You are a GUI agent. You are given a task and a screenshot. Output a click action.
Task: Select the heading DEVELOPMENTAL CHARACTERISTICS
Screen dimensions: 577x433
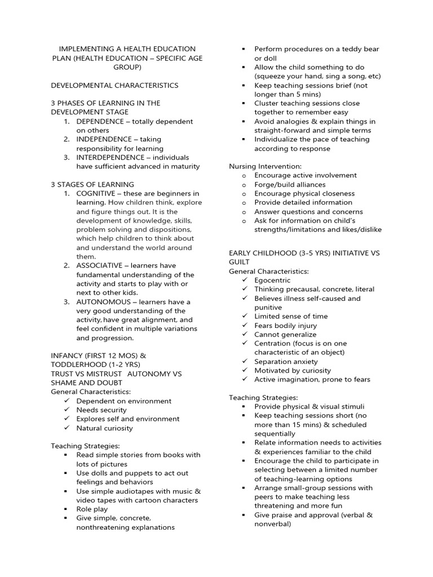click(x=114, y=85)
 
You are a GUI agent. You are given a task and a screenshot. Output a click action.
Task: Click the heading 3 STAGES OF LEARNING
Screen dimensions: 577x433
click(x=92, y=184)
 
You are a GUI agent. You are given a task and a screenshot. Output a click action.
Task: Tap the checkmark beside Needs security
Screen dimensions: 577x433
click(x=67, y=410)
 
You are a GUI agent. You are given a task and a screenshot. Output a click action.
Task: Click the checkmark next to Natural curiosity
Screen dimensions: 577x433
click(x=67, y=428)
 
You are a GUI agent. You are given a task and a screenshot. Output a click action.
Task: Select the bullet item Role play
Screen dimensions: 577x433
click(x=92, y=509)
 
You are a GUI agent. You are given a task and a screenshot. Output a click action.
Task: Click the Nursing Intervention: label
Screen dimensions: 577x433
click(x=265, y=166)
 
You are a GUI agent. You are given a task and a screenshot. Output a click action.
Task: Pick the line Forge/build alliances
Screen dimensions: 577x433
click(x=290, y=184)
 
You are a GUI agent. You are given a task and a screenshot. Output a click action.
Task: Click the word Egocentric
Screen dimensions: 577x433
click(x=272, y=280)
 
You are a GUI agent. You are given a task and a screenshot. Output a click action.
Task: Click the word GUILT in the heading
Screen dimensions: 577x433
click(x=238, y=262)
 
